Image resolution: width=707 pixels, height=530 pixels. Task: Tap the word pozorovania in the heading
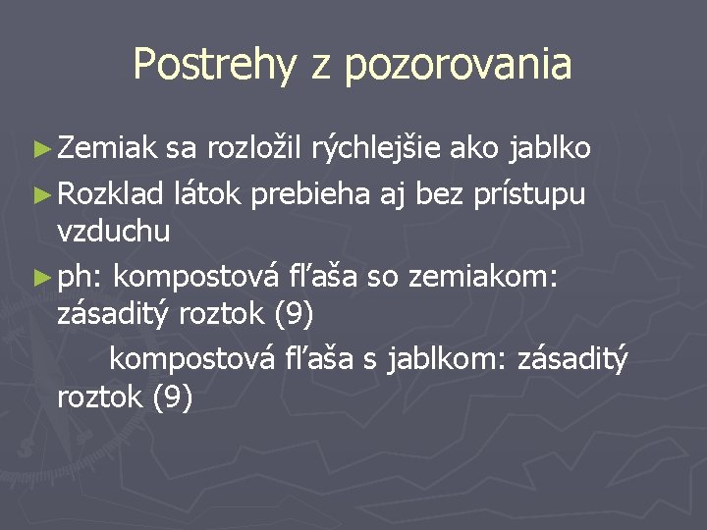click(x=459, y=65)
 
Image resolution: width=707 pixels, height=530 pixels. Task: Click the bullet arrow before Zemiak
click(x=40, y=148)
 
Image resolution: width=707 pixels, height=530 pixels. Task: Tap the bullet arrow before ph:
click(x=40, y=278)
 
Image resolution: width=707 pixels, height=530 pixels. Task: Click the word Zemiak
click(x=108, y=148)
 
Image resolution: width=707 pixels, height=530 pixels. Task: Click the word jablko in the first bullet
click(x=549, y=148)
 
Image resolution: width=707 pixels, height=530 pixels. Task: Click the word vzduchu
click(x=114, y=232)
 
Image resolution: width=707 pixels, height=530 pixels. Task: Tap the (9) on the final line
click(x=174, y=397)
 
